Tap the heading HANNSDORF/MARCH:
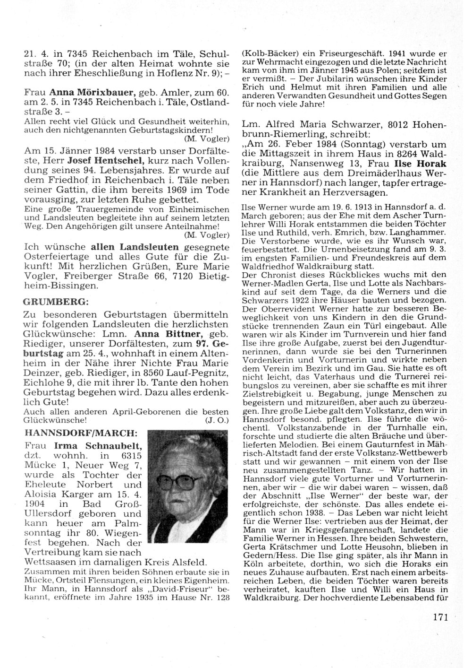coord(80,433)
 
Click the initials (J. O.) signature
coord(217,420)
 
